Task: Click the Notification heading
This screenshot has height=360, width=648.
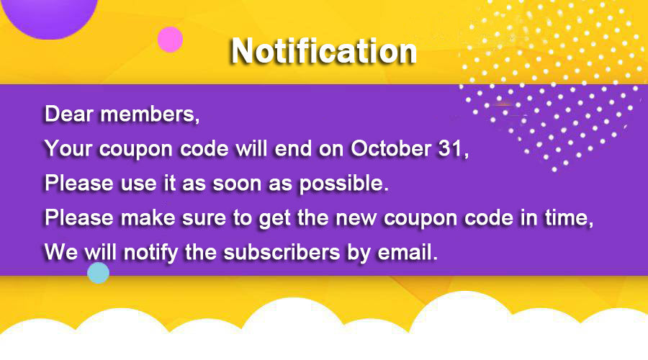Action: pos(323,50)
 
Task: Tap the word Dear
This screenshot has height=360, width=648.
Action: pos(66,114)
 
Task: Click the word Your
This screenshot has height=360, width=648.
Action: pos(67,148)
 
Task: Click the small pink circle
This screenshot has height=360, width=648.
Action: pos(170,39)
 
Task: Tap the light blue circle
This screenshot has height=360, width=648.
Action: pos(98,272)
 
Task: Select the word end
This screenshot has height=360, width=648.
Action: pos(291,148)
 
